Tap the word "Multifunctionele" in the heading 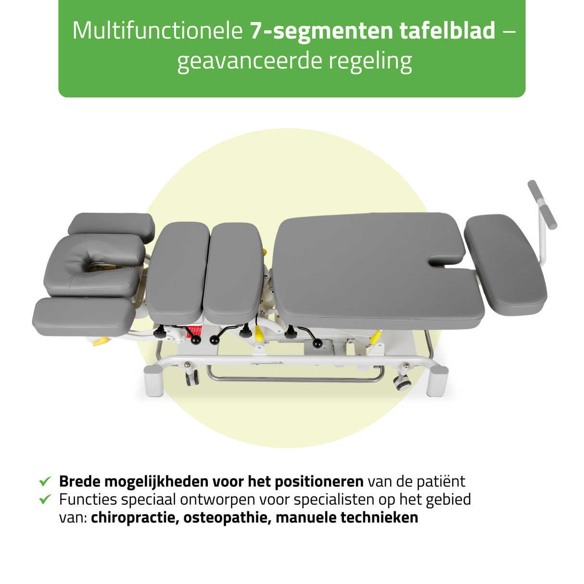coord(157,31)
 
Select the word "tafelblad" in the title coord(447,30)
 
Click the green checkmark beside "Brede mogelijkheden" coord(45,481)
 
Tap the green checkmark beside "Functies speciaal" coord(45,499)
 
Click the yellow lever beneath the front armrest coord(101,342)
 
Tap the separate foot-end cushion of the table coord(505,265)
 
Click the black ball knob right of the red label coord(215,340)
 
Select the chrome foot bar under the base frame coord(295,378)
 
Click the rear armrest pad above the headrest coord(112,227)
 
